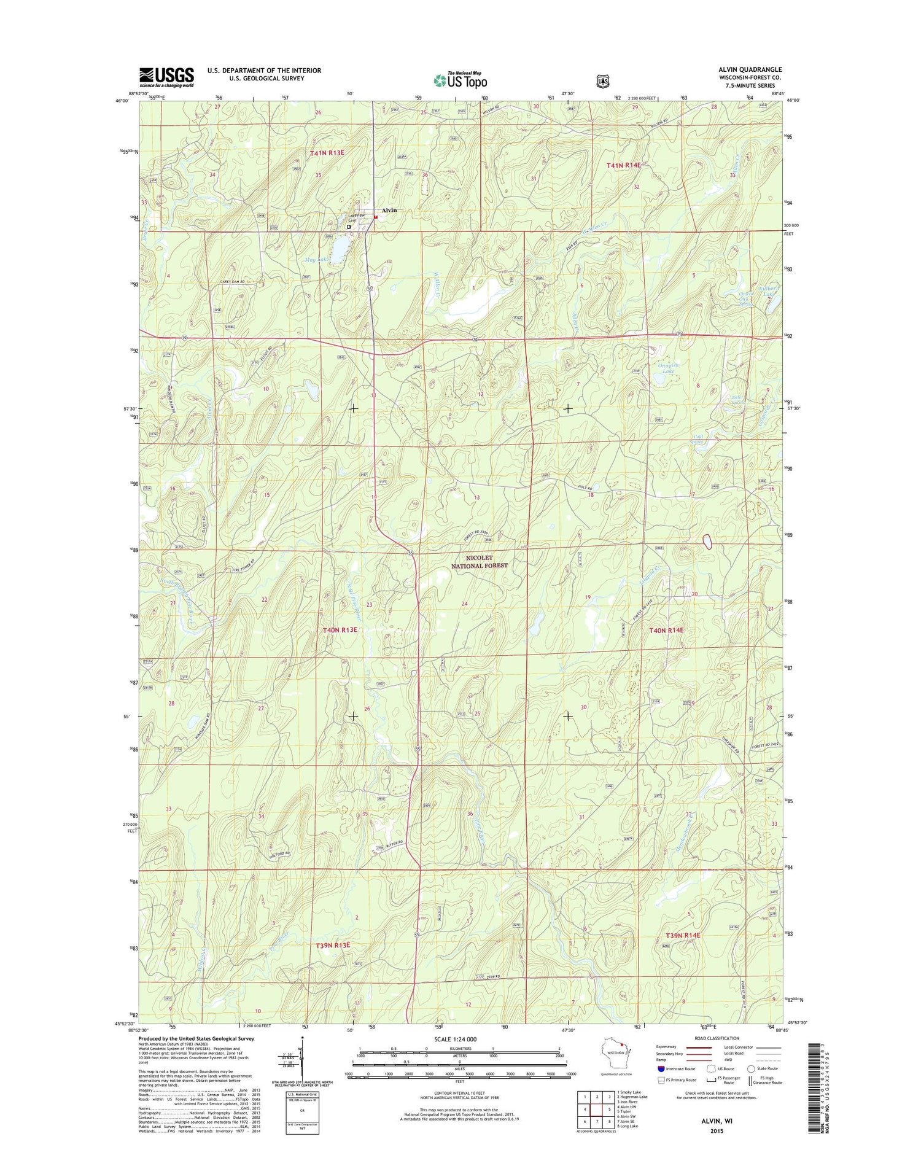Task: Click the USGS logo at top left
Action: pos(166,77)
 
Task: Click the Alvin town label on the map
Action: pos(389,210)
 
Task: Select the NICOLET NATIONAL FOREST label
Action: pos(480,561)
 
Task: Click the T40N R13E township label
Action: pos(340,629)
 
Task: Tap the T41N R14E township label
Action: pos(623,165)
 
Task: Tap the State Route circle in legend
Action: pos(751,1069)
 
